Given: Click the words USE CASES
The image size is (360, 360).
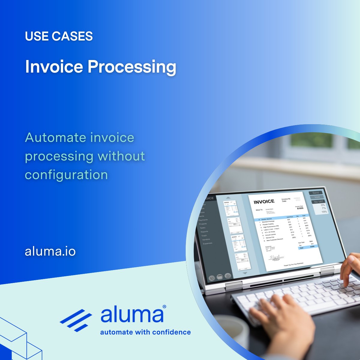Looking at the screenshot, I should tap(59, 36).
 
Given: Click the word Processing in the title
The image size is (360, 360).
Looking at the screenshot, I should tap(132, 67).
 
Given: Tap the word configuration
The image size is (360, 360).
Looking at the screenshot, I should tap(66, 175).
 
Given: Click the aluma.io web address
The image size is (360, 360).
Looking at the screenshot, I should tap(50, 251).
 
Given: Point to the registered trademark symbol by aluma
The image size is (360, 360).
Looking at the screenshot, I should tap(164, 307).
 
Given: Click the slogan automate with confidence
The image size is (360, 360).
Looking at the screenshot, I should tap(145, 332).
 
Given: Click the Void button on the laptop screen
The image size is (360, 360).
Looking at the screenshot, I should tap(317, 197).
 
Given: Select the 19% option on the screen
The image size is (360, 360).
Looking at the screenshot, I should tap(324, 212).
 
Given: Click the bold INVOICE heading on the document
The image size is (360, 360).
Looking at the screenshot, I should tap(264, 202).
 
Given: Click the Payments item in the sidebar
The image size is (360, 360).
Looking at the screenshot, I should tap(203, 220).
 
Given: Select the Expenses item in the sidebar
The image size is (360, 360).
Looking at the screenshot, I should tap(207, 243).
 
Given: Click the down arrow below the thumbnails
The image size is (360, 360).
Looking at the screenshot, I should tap(245, 273).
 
